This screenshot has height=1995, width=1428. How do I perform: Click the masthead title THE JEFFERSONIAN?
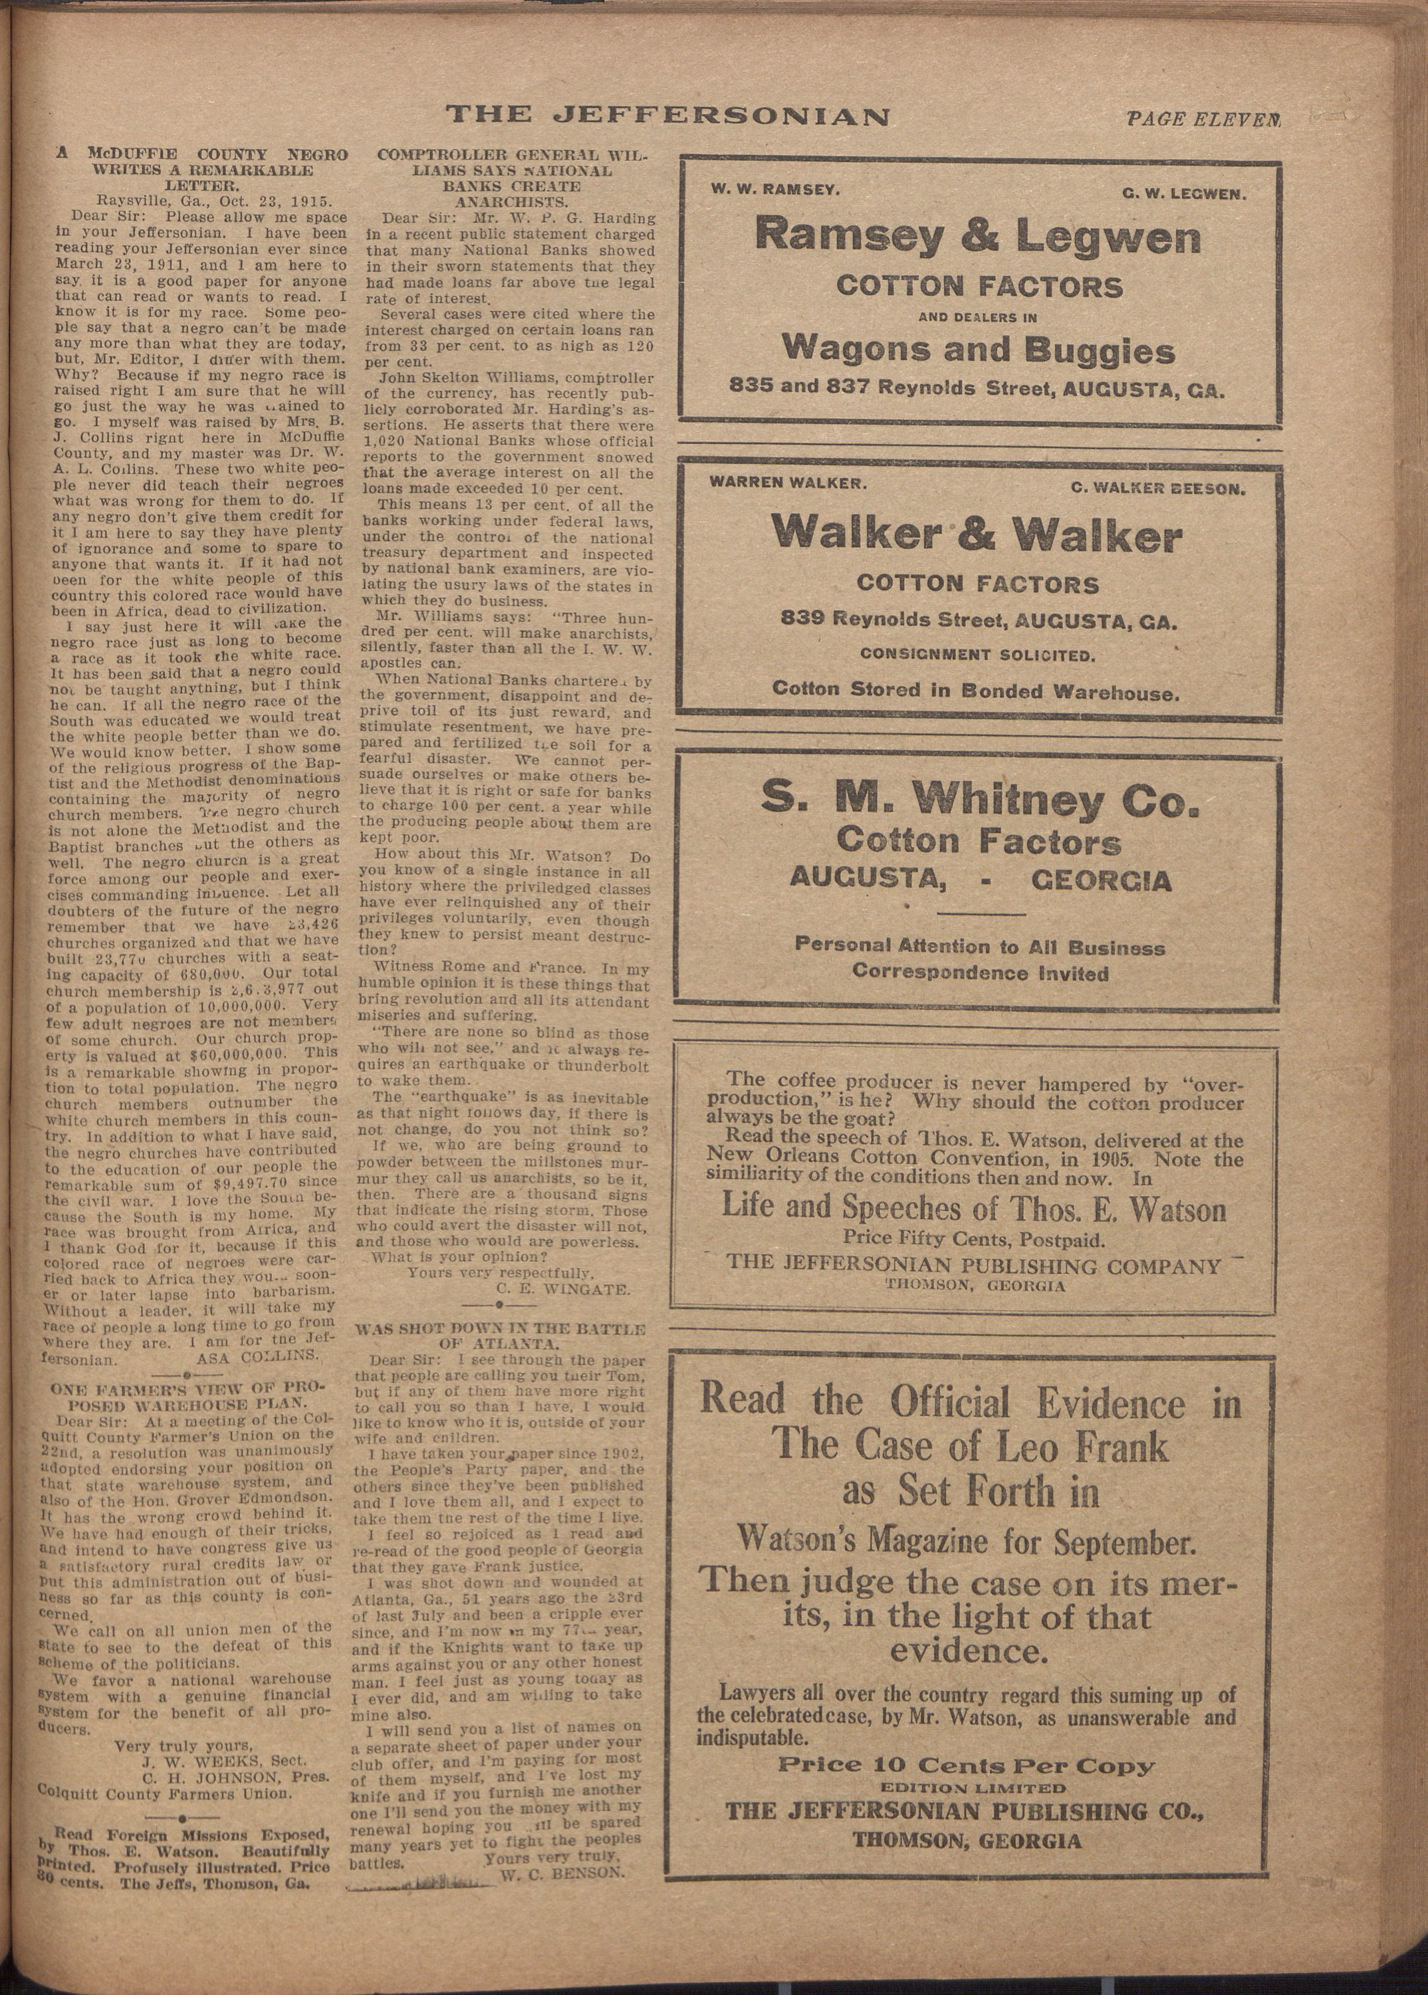tap(667, 115)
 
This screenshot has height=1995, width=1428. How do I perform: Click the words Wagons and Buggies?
tap(978, 351)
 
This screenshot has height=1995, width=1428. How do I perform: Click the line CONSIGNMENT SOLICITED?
tap(977, 654)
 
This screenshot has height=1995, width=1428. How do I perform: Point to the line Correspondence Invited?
tap(979, 973)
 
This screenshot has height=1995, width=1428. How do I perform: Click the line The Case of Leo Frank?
tap(971, 1445)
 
